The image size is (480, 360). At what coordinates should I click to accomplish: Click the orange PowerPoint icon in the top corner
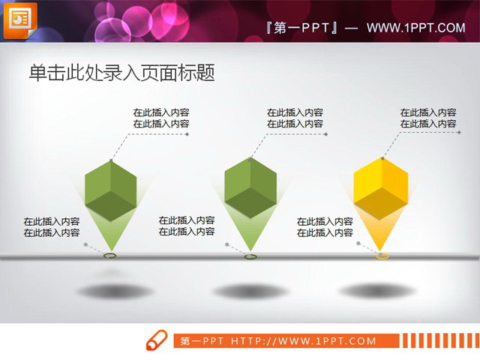click(x=19, y=20)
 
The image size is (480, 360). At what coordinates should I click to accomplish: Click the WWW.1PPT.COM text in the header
click(x=416, y=28)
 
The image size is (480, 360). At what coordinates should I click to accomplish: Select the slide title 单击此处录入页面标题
click(x=121, y=72)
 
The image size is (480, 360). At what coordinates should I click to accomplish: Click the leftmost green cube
click(x=111, y=190)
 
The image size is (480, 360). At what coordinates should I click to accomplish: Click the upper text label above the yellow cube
click(x=428, y=118)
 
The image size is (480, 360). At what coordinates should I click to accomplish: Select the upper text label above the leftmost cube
click(x=161, y=118)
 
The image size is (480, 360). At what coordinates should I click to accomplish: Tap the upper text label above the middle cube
click(x=295, y=118)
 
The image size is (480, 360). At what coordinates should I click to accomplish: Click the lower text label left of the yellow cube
click(x=325, y=227)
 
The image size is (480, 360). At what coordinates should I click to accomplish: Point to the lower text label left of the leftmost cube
click(x=52, y=227)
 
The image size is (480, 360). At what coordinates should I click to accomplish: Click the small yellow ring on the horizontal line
click(x=382, y=256)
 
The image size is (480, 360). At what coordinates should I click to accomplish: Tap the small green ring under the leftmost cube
click(x=110, y=256)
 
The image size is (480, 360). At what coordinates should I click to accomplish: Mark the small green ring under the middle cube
click(x=250, y=257)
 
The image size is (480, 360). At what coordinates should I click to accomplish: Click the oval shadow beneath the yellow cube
click(x=376, y=290)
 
